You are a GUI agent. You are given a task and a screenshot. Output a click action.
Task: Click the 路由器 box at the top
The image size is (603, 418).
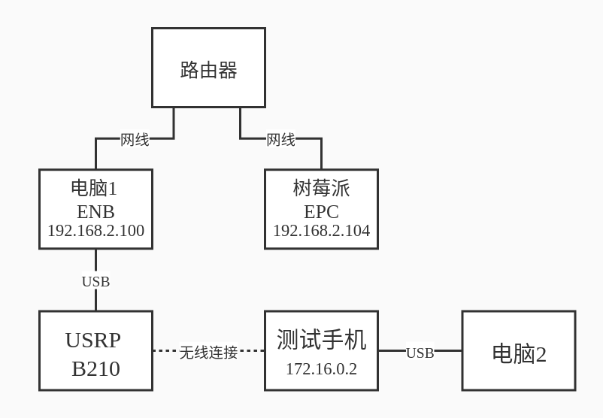click(208, 68)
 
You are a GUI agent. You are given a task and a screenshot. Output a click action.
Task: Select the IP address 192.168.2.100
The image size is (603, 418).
click(95, 231)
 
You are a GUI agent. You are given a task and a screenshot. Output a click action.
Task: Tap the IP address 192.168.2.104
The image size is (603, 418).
click(321, 231)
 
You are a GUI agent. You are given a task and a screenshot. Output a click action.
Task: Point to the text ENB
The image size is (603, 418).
click(95, 211)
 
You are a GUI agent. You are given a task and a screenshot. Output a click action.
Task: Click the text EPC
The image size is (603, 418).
click(321, 211)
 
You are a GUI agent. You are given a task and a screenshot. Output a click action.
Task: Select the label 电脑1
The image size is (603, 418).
click(94, 188)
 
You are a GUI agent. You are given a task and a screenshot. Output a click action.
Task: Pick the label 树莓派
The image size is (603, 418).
click(321, 188)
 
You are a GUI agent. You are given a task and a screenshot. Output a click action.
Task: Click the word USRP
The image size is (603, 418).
click(92, 341)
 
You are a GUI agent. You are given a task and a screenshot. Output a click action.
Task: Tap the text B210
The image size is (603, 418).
click(95, 368)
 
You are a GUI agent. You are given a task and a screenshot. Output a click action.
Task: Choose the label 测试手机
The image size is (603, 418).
click(321, 341)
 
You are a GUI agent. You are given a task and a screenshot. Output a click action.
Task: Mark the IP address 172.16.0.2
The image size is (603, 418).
click(321, 369)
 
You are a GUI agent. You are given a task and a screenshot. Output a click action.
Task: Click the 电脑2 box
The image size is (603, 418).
click(519, 353)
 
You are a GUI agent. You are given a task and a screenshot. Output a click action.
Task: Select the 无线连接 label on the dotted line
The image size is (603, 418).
click(208, 352)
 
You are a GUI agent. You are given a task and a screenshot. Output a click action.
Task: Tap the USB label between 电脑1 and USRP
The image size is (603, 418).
click(95, 281)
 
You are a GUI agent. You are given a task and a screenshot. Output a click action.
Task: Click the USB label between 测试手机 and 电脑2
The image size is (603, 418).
click(420, 353)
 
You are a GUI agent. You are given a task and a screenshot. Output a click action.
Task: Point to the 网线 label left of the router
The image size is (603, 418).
click(135, 140)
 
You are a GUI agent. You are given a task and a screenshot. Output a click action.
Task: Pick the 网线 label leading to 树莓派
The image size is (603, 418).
click(280, 140)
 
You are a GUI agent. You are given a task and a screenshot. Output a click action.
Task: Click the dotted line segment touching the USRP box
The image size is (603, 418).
click(164, 350)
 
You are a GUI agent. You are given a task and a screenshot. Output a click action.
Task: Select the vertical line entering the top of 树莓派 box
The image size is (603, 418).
click(321, 155)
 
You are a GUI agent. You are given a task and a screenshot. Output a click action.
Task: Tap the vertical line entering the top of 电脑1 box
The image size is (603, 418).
click(95, 155)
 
